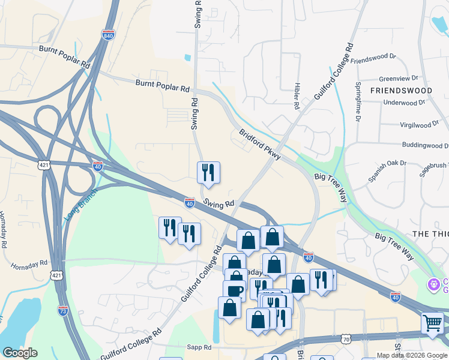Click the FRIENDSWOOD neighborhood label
(x=401, y=90)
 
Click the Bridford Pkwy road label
(x=259, y=145)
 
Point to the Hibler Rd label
(x=297, y=95)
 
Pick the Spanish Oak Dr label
(x=387, y=172)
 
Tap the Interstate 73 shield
(x=63, y=310)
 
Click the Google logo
(x=20, y=353)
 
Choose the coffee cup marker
(x=234, y=290)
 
